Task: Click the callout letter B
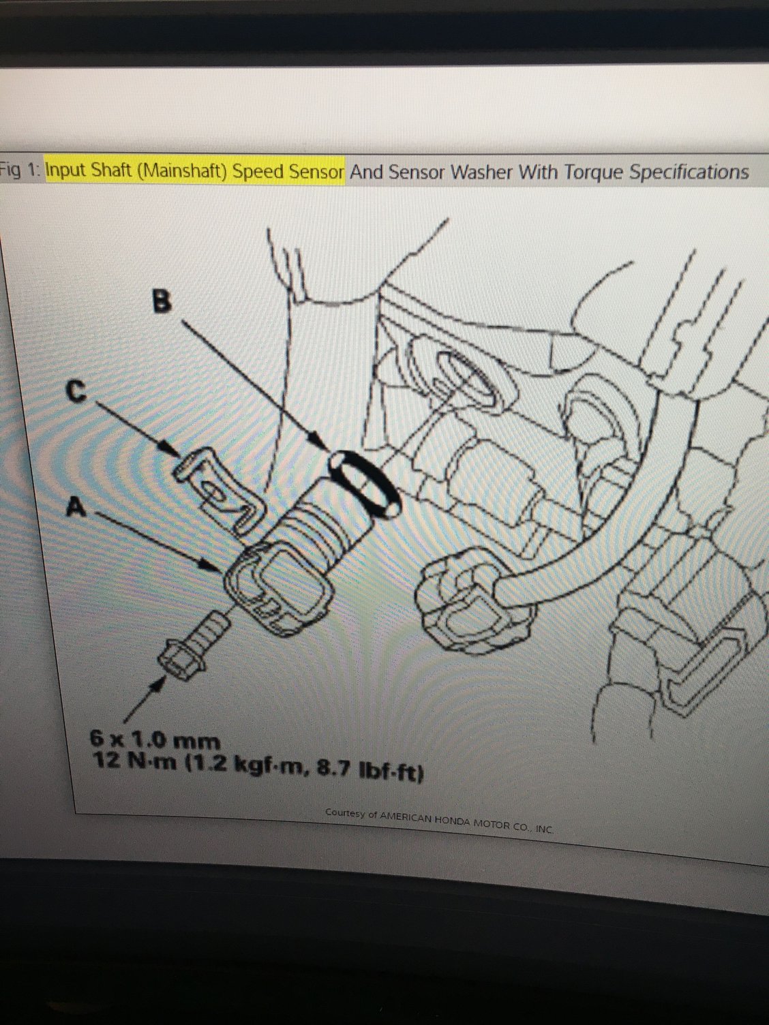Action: [161, 301]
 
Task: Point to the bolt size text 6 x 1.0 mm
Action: [155, 739]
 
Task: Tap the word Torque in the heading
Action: [592, 172]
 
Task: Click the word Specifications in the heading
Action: [689, 172]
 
